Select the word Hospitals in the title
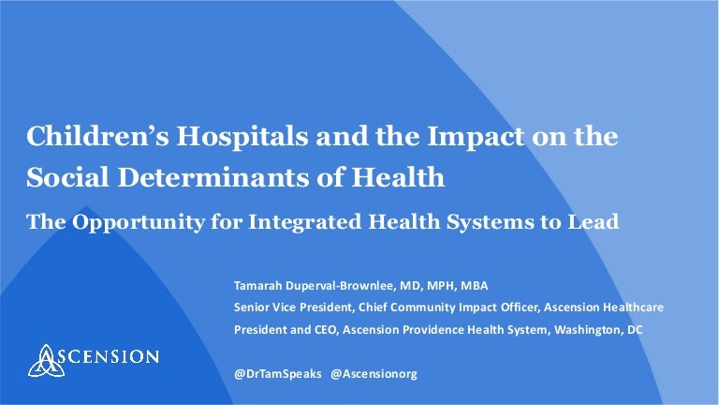click(x=242, y=136)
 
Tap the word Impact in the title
click(x=476, y=136)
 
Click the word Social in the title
click(x=67, y=177)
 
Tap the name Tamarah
click(x=257, y=286)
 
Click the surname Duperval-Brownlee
click(x=340, y=286)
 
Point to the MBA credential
click(x=474, y=286)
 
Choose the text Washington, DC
click(x=598, y=330)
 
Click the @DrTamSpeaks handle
click(x=278, y=374)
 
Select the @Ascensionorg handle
click(x=374, y=374)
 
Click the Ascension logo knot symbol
click(x=46, y=360)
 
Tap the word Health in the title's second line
click(x=398, y=177)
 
